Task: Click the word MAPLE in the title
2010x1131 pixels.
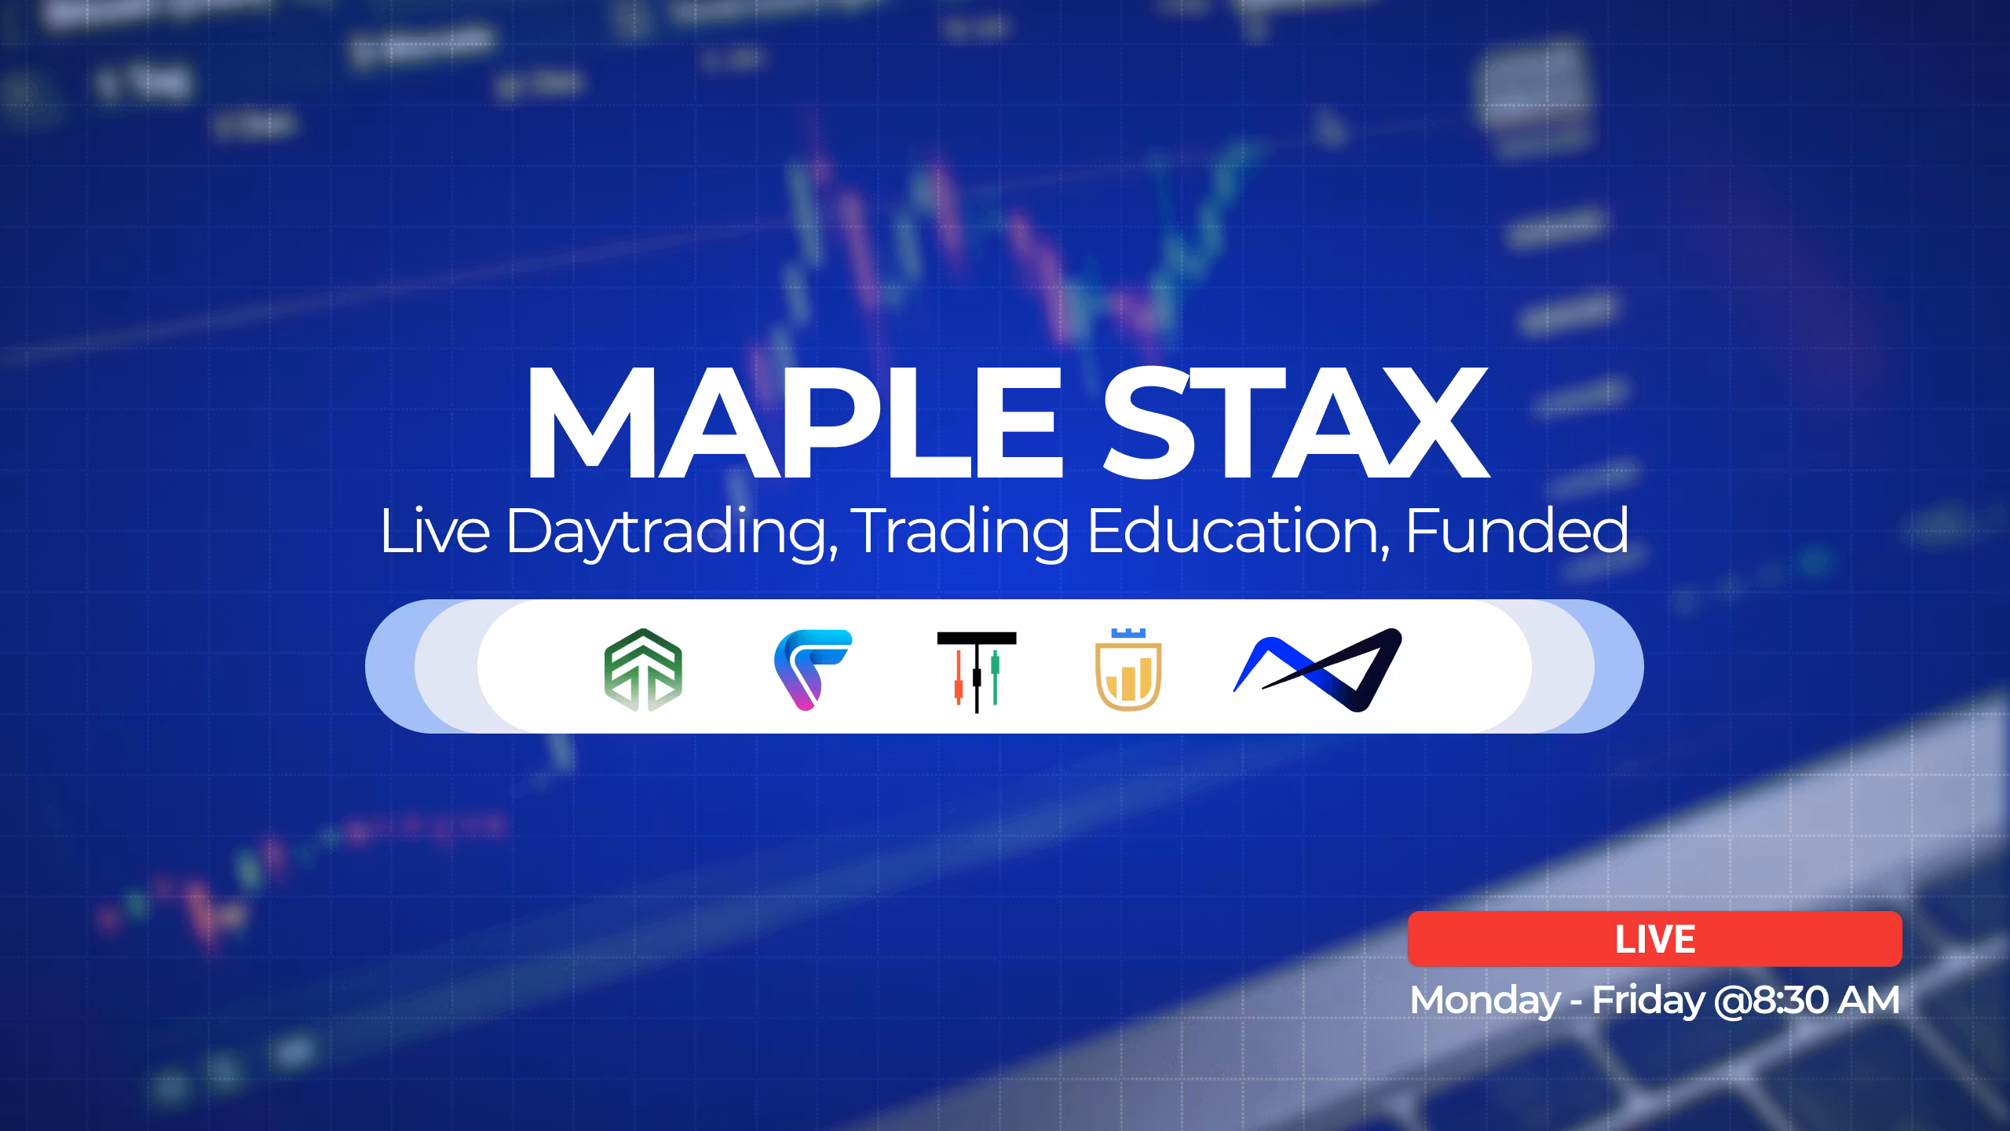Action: click(792, 423)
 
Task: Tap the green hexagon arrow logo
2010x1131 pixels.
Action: click(643, 669)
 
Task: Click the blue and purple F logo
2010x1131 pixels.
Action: click(813, 669)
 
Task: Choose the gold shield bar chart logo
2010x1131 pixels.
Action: click(1128, 669)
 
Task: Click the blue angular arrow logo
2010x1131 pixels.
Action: click(1317, 669)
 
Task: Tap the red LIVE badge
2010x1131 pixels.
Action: click(1655, 939)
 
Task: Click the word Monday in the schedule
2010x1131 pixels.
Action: click(1486, 1001)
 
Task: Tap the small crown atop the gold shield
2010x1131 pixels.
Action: click(1128, 633)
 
